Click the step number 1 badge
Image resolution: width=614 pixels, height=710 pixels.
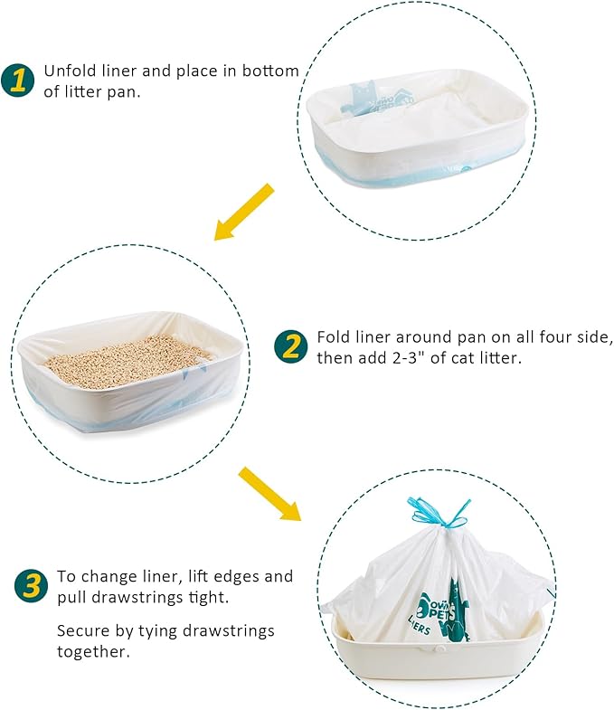(x=19, y=80)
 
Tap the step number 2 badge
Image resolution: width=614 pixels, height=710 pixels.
(x=291, y=346)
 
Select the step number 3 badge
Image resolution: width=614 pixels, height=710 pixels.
(x=32, y=586)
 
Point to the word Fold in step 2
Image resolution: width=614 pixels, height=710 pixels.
(x=333, y=337)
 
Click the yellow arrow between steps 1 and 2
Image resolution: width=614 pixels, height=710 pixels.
(x=244, y=212)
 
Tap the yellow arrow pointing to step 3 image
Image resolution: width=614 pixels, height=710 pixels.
(x=269, y=494)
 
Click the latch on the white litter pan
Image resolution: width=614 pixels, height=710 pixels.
(x=442, y=649)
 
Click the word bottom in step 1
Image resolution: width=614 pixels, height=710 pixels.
(x=261, y=71)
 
